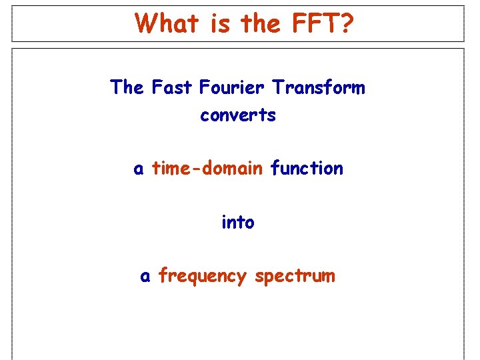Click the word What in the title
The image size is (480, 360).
[167, 23]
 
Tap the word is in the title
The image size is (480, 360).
[220, 23]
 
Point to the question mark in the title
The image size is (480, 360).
[347, 23]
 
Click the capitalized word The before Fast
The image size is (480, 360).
[127, 87]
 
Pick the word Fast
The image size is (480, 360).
[167, 87]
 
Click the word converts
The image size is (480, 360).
[238, 115]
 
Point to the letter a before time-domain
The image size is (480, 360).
[139, 169]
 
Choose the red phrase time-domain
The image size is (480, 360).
[207, 169]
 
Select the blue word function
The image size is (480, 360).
[307, 169]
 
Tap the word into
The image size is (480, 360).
[238, 222]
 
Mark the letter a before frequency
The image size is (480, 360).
[145, 277]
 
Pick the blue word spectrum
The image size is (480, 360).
[295, 277]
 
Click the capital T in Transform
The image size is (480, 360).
[277, 87]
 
